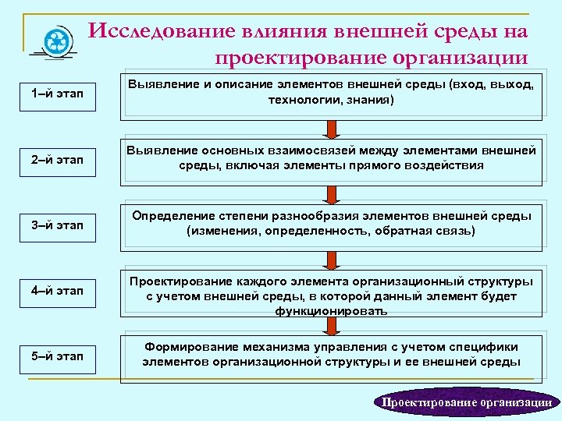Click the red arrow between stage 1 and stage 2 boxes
pos(331,128)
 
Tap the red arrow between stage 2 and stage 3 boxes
pos(331,193)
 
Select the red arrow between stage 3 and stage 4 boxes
pos(331,259)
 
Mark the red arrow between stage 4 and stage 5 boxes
pos(331,324)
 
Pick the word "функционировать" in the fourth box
pos(330,310)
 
